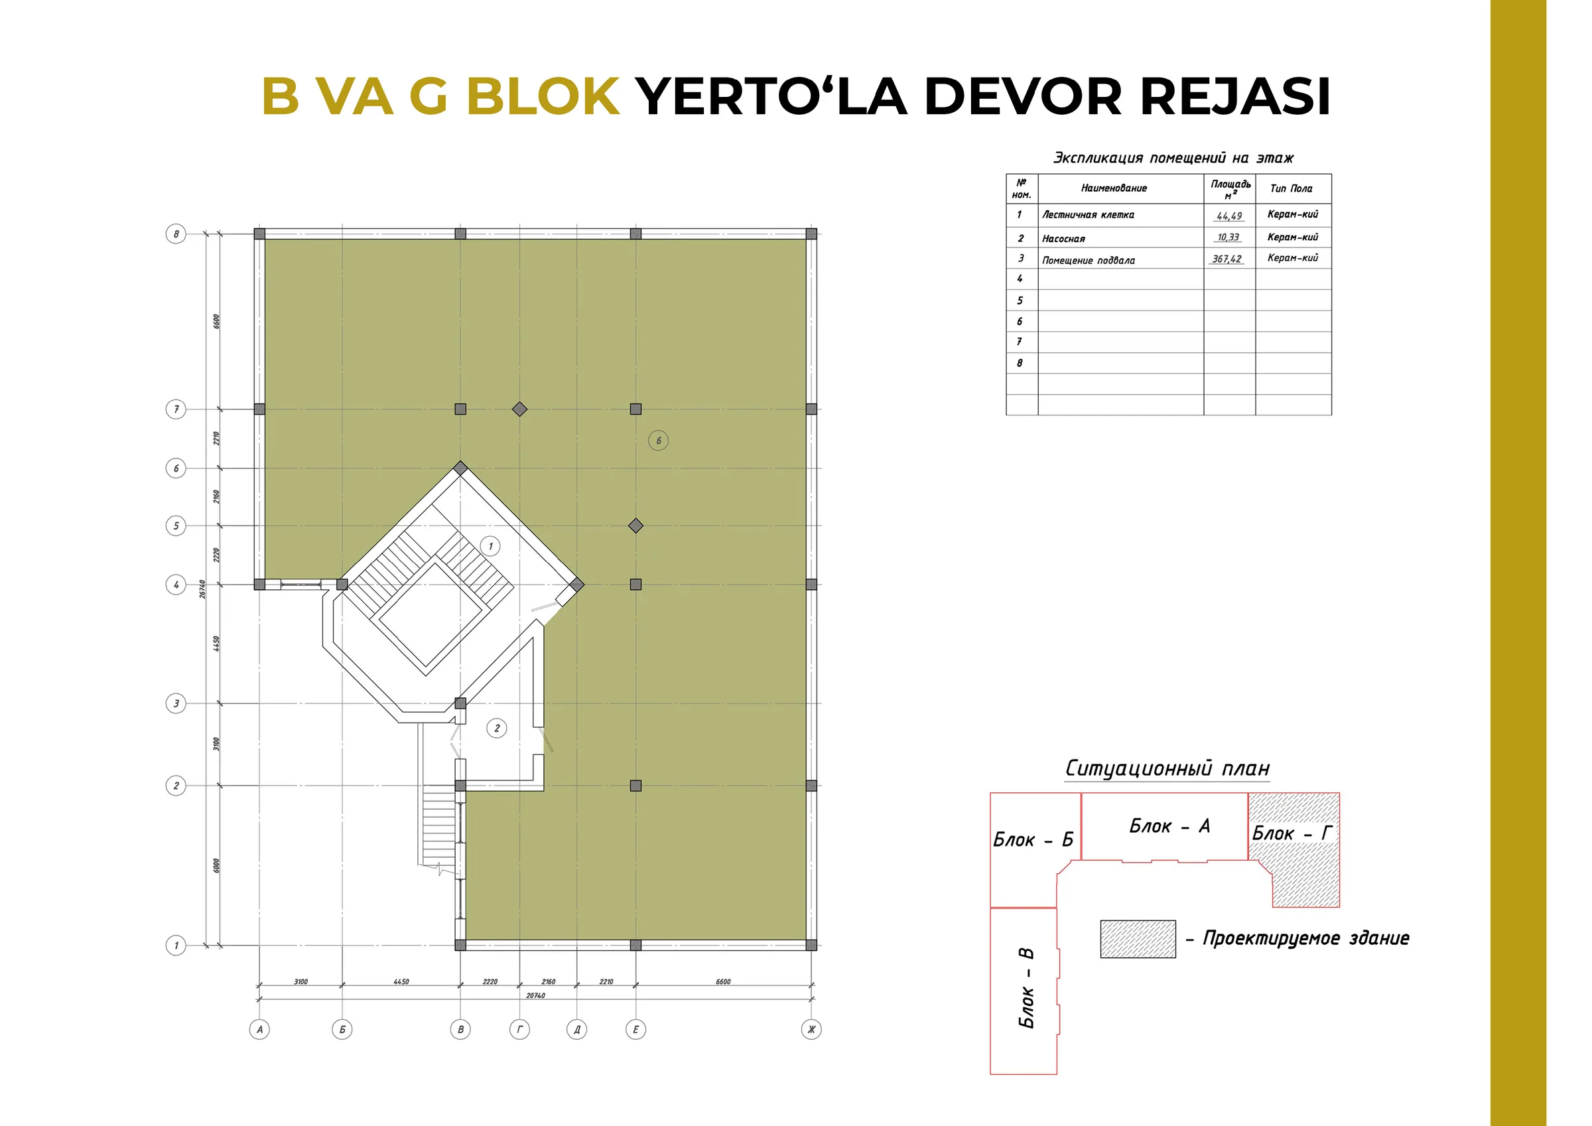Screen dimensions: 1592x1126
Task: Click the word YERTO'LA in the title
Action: (771, 96)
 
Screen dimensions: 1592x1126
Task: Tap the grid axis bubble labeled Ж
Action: (811, 1029)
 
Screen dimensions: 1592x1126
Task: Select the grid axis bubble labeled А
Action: (259, 1029)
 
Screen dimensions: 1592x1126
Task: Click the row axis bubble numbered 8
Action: (176, 234)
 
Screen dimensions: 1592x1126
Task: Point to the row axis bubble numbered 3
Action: (176, 703)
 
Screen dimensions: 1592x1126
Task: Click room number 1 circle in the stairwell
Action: (490, 546)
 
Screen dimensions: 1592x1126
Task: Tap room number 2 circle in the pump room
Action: (496, 729)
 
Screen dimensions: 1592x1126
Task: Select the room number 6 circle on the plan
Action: (658, 441)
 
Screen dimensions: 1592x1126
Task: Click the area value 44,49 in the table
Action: (1229, 216)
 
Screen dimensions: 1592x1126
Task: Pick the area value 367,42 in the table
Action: (1227, 259)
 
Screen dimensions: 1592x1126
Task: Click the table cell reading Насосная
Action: (1063, 239)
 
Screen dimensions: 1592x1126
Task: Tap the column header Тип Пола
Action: (1291, 188)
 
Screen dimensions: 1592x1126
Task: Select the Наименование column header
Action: (1114, 188)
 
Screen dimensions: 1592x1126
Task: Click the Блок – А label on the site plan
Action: (1169, 825)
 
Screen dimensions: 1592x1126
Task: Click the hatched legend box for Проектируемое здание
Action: (1138, 939)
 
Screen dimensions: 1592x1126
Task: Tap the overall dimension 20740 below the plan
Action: (535, 995)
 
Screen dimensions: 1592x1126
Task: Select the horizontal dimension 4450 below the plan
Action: (401, 982)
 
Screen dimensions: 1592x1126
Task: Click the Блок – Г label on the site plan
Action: (1292, 833)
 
